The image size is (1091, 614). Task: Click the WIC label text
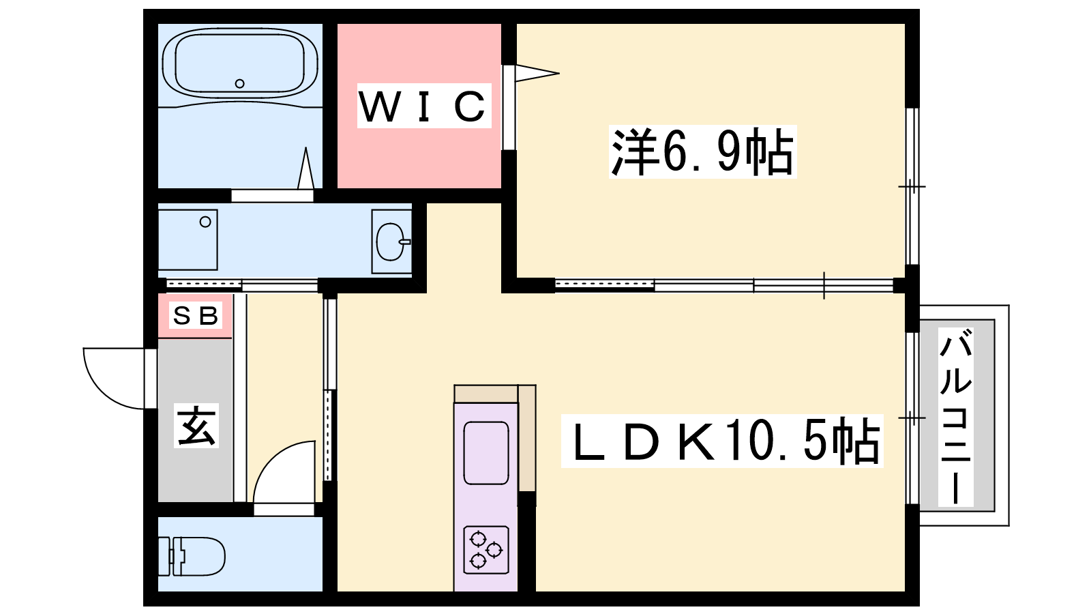pyautogui.click(x=423, y=106)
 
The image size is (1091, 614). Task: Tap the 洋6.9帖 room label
pyautogui.click(x=702, y=151)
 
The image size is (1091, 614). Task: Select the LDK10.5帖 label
pyautogui.click(x=722, y=441)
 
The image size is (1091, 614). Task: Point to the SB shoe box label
pyautogui.click(x=195, y=316)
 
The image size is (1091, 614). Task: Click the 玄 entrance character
pyautogui.click(x=196, y=426)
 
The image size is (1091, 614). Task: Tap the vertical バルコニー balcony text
pyautogui.click(x=955, y=416)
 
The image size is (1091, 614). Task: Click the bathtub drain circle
pyautogui.click(x=239, y=83)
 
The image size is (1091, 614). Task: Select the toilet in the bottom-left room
pyautogui.click(x=192, y=556)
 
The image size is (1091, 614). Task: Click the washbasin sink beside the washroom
pyautogui.click(x=391, y=242)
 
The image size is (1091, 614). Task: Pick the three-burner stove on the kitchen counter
pyautogui.click(x=486, y=550)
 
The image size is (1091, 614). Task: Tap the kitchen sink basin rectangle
pyautogui.click(x=486, y=453)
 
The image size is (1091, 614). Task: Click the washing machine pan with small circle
pyautogui.click(x=188, y=239)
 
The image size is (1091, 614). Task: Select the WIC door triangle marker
pyautogui.click(x=537, y=74)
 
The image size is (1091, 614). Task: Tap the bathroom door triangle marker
pyautogui.click(x=306, y=168)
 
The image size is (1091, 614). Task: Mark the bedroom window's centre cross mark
pyautogui.click(x=912, y=187)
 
